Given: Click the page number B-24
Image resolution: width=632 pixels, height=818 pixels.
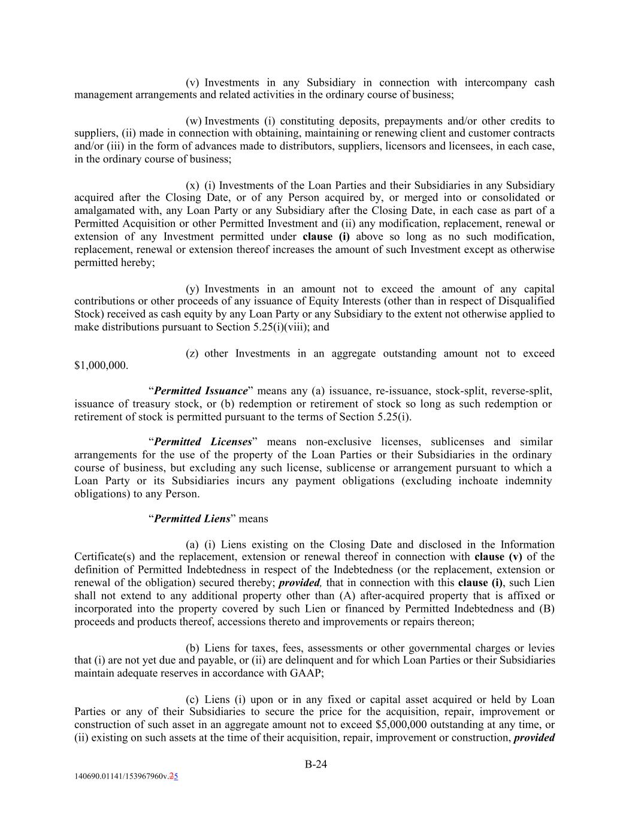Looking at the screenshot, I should [316, 764].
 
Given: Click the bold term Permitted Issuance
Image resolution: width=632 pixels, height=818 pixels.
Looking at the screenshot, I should [201, 391].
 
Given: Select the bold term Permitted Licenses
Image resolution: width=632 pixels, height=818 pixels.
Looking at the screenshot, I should [202, 442].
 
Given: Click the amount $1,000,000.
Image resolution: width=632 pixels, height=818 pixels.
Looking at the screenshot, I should [101, 366].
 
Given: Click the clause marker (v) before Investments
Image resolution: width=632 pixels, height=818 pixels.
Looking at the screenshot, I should [192, 83].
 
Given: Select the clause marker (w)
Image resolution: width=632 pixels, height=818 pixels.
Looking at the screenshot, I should [194, 121].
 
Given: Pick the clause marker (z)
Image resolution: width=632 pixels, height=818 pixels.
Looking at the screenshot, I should [192, 354].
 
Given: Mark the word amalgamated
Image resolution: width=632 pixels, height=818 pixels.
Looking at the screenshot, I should [104, 211].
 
